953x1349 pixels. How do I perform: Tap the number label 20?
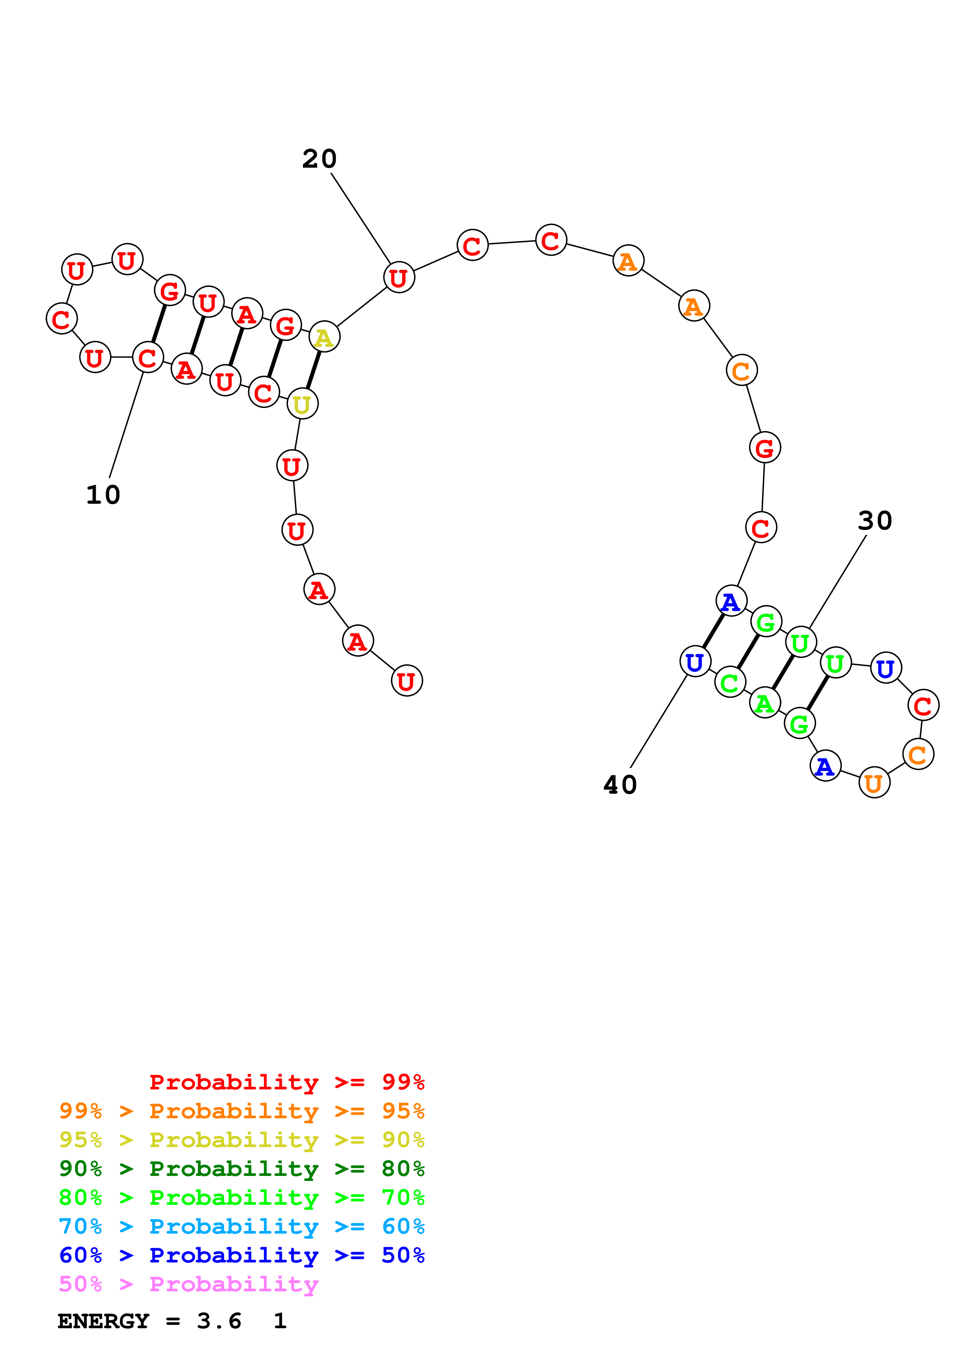[319, 159]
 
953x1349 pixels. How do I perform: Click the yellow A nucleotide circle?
[324, 337]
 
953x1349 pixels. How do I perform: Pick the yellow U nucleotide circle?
[303, 404]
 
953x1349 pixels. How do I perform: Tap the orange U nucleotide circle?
[874, 783]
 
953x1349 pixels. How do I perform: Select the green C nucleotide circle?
[730, 683]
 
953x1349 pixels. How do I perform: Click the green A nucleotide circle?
[765, 703]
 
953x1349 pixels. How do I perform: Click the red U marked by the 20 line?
[399, 277]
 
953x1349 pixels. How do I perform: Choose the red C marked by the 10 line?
[147, 357]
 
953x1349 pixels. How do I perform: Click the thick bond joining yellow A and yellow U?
[314, 371]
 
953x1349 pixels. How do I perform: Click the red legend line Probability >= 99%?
[286, 1082]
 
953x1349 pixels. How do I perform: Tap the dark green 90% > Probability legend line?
[241, 1169]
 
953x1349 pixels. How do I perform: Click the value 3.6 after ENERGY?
[219, 1321]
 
